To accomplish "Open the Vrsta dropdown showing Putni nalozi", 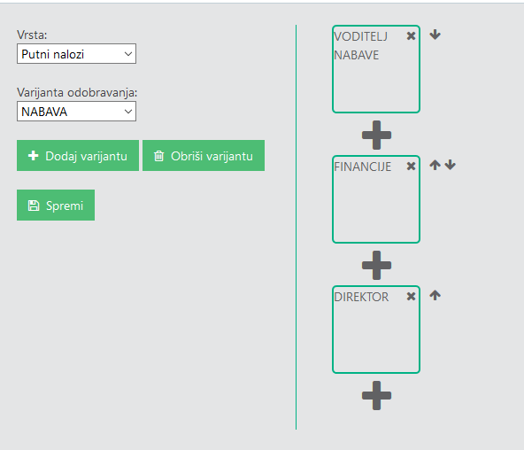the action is (x=76, y=53).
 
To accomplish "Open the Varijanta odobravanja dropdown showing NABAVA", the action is (x=76, y=112).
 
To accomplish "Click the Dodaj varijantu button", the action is (x=78, y=155).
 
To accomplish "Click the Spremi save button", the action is (x=56, y=206).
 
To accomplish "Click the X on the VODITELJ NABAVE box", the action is (x=411, y=35).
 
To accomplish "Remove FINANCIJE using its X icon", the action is (x=411, y=167).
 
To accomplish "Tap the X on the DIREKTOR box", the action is (x=411, y=296).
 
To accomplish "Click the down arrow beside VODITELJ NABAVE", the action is (x=435, y=35).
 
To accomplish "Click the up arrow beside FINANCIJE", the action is (x=435, y=165).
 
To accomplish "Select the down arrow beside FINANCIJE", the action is (x=451, y=165).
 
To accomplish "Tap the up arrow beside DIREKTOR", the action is (x=435, y=295).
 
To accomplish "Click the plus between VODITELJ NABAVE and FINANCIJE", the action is (x=377, y=135).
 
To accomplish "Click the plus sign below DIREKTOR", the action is (x=377, y=395).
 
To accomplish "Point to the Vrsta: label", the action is (x=32, y=35).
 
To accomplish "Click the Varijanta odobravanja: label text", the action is (x=77, y=93).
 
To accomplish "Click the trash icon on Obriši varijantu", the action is (x=159, y=156).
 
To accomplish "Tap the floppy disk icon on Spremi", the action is (x=34, y=206).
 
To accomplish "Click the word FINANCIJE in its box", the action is (x=363, y=167).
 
